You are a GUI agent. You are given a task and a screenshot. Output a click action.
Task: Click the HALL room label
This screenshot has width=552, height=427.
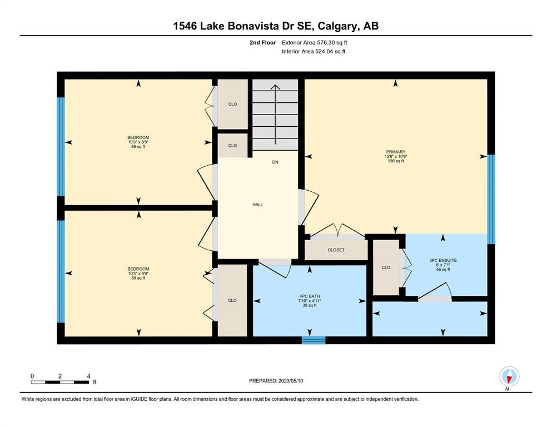click(x=257, y=205)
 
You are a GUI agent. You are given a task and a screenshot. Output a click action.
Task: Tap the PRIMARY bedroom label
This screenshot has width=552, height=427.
click(x=396, y=152)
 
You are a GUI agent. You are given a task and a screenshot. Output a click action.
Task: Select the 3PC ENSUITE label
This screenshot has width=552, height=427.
click(x=443, y=261)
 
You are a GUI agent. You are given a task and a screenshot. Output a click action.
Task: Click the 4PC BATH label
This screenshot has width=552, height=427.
click(x=310, y=296)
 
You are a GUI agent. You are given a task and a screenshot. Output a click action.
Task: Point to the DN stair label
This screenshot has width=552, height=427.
click(x=275, y=162)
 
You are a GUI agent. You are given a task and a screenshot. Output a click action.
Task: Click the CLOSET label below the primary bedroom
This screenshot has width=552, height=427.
click(x=336, y=250)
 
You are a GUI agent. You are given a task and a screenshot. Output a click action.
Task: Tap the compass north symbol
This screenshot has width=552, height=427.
click(x=509, y=376)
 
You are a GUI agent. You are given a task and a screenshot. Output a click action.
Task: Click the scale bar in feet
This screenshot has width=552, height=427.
click(x=60, y=382)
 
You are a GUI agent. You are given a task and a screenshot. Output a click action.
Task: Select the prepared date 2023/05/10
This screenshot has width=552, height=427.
click(x=291, y=381)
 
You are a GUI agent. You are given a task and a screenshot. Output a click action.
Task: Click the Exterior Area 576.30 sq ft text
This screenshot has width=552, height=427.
click(x=315, y=43)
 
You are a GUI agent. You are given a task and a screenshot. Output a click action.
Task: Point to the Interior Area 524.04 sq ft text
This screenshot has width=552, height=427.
click(x=314, y=51)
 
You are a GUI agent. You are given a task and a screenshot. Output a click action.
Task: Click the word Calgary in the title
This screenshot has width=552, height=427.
click(x=337, y=26)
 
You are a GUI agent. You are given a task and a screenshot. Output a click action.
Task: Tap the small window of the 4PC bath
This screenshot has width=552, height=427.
click(x=314, y=340)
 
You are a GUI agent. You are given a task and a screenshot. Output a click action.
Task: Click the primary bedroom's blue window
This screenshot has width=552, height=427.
click(x=491, y=199)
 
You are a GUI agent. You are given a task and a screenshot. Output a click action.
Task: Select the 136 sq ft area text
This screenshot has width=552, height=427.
click(x=396, y=161)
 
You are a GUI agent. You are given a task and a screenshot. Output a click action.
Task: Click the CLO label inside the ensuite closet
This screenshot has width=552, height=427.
click(x=386, y=267)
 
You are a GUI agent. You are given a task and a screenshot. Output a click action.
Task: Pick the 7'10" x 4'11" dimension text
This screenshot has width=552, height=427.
click(x=310, y=301)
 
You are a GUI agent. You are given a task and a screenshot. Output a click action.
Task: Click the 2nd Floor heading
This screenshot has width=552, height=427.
click(x=262, y=43)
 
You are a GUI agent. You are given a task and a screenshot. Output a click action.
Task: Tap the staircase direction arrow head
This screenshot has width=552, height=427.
click(x=275, y=87)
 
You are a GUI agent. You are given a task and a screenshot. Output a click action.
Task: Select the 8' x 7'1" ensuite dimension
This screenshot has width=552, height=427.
click(x=443, y=265)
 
